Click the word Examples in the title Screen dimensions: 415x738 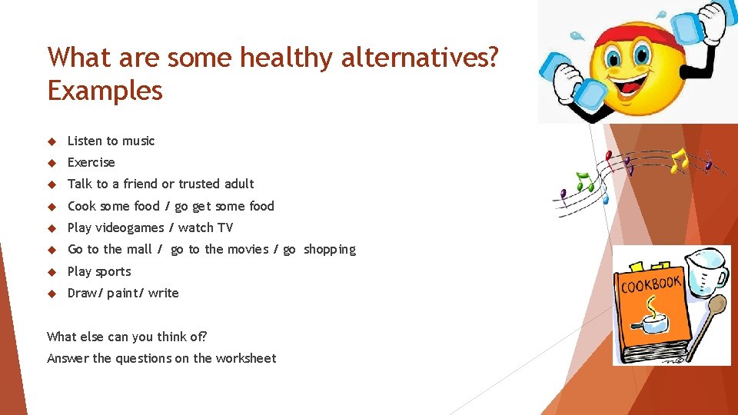coord(105,91)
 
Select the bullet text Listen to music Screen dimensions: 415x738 coord(111,141)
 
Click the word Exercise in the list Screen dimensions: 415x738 coord(91,162)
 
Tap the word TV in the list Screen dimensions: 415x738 coord(224,227)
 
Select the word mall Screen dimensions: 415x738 coord(139,249)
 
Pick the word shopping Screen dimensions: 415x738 coord(330,250)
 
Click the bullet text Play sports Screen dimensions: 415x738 coord(99,271)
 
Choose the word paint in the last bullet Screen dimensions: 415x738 coord(121,293)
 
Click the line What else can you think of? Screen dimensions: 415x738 coord(127,337)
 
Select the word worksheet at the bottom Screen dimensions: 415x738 coord(245,358)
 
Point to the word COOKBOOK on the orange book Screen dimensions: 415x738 coord(650,285)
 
